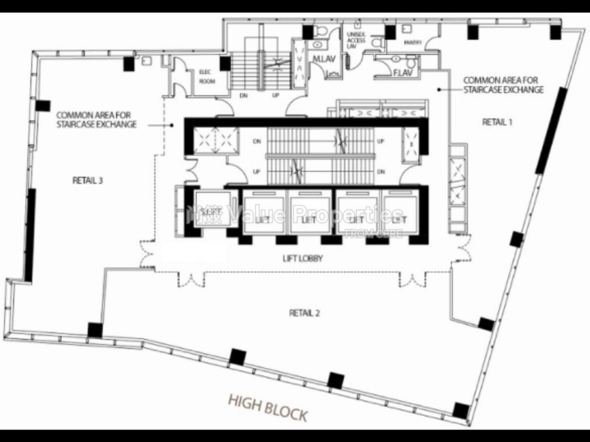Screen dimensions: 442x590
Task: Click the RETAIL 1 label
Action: click(497, 122)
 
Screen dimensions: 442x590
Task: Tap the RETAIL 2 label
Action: click(304, 313)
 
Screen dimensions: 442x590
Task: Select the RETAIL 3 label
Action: click(88, 180)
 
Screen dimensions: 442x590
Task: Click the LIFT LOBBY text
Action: click(303, 259)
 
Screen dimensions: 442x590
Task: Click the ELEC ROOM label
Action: click(207, 77)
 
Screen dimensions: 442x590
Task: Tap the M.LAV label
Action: click(324, 59)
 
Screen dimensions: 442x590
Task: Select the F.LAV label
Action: click(403, 73)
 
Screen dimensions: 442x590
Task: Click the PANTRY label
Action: click(413, 43)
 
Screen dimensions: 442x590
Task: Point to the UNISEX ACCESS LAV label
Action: click(356, 40)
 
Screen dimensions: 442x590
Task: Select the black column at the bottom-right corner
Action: click(461, 411)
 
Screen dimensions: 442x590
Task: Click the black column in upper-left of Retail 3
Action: click(129, 64)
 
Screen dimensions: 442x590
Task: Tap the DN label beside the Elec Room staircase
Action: click(244, 96)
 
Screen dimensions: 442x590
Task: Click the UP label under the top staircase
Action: click(276, 95)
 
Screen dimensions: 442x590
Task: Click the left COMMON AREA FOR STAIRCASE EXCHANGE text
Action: click(96, 120)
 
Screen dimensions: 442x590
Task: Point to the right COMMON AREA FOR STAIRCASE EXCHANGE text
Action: click(503, 85)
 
